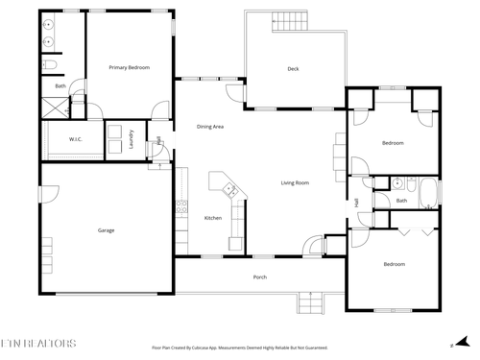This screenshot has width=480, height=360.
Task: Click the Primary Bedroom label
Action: (129, 67)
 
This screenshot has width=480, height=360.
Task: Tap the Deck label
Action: (293, 69)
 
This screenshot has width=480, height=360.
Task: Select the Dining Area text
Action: (210, 126)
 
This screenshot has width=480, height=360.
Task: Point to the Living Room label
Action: (294, 182)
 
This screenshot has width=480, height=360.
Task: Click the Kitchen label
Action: (213, 218)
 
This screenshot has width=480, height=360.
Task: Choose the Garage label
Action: (106, 230)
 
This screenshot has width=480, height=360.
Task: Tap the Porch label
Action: (259, 277)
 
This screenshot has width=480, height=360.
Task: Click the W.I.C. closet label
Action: (76, 139)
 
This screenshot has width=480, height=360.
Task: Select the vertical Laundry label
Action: (132, 141)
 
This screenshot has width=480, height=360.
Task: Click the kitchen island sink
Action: (230, 189)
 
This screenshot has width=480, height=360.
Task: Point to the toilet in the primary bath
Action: (52, 65)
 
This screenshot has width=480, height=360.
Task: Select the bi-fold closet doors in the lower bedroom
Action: (410, 231)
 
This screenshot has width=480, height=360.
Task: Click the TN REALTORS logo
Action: (39, 341)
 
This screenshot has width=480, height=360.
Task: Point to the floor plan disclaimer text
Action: (240, 348)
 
